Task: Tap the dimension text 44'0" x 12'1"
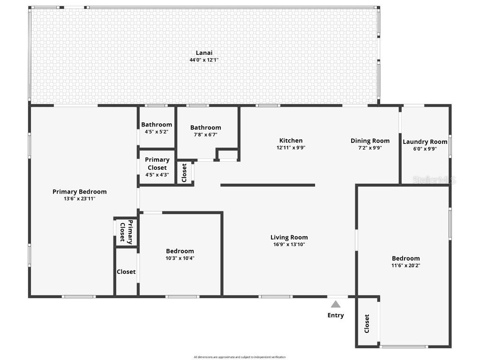204,60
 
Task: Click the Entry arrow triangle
336,304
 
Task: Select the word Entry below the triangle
336,315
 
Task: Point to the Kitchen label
291,141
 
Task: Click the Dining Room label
370,141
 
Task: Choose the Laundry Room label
425,142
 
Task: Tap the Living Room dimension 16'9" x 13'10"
289,244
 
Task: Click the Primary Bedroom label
79,192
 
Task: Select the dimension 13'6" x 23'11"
79,198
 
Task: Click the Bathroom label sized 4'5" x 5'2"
157,125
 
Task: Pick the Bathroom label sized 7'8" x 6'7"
205,127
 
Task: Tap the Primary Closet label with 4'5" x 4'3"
157,164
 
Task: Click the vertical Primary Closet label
126,232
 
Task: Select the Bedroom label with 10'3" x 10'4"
180,251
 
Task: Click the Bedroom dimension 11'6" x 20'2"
405,265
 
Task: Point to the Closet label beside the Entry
367,323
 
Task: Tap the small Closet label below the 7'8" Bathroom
184,172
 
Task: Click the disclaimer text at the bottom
240,357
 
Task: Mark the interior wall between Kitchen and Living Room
267,185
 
